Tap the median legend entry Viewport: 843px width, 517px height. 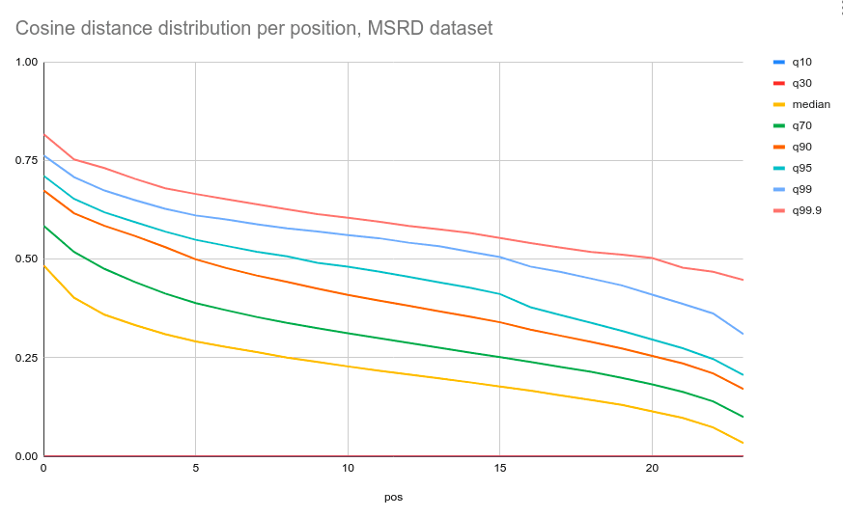pos(810,104)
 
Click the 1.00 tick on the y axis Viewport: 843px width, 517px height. pos(26,63)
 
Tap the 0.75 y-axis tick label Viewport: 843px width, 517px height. pos(26,161)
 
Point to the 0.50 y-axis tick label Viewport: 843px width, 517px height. pos(26,259)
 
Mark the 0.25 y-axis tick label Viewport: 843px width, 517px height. pos(26,358)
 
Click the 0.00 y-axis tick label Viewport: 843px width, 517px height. pos(26,456)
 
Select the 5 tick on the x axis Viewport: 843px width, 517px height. pos(195,469)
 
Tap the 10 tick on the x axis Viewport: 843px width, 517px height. pos(348,469)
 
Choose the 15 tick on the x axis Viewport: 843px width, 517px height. pos(499,469)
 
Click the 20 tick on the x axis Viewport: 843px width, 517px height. pos(652,469)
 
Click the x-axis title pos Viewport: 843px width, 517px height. pos(393,498)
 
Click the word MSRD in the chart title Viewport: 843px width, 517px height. pos(394,29)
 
